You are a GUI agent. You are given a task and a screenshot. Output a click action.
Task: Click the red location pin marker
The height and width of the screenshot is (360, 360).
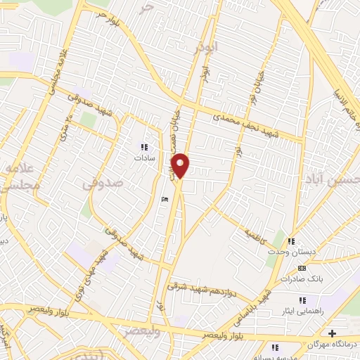(181, 165)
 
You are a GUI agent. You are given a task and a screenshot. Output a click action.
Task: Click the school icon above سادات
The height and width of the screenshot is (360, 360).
(143, 147)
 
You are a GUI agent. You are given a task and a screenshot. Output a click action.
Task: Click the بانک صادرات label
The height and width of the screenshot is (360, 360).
(304, 279)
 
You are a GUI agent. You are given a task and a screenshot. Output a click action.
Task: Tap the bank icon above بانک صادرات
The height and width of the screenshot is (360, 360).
(302, 268)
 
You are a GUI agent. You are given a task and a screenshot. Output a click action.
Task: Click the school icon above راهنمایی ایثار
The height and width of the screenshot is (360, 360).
(302, 299)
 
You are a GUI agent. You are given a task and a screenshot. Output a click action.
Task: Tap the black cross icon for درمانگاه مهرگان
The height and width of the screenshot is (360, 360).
(332, 333)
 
